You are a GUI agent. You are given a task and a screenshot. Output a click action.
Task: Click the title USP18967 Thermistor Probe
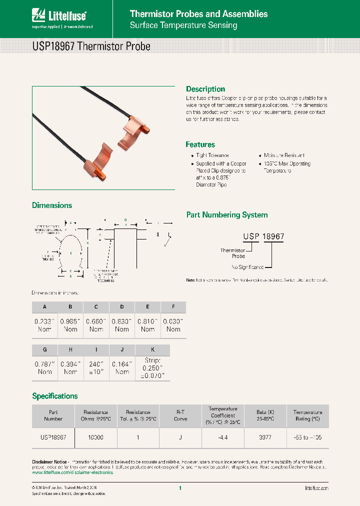click(91, 46)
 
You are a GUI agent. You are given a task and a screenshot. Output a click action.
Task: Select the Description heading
click(205, 89)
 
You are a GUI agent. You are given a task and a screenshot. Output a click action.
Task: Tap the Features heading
click(200, 144)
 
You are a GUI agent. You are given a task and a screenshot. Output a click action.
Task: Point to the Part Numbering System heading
click(226, 215)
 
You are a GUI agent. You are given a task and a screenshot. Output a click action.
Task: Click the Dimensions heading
click(52, 205)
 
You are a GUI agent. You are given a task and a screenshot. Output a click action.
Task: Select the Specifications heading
click(55, 396)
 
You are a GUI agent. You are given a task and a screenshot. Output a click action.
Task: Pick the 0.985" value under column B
click(70, 325)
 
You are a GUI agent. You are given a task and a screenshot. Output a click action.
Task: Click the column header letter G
click(44, 349)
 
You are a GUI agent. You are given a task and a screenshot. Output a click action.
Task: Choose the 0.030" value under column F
click(173, 325)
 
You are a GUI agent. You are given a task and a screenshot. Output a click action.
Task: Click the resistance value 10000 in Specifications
click(95, 437)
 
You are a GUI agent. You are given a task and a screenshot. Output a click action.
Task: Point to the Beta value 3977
click(265, 437)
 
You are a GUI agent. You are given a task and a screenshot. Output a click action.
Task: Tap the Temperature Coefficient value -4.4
click(222, 437)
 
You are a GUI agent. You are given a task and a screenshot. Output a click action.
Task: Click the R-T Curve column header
click(180, 415)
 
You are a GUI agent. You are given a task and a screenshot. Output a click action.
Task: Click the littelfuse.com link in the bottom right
click(316, 487)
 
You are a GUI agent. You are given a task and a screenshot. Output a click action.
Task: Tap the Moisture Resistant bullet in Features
click(284, 156)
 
